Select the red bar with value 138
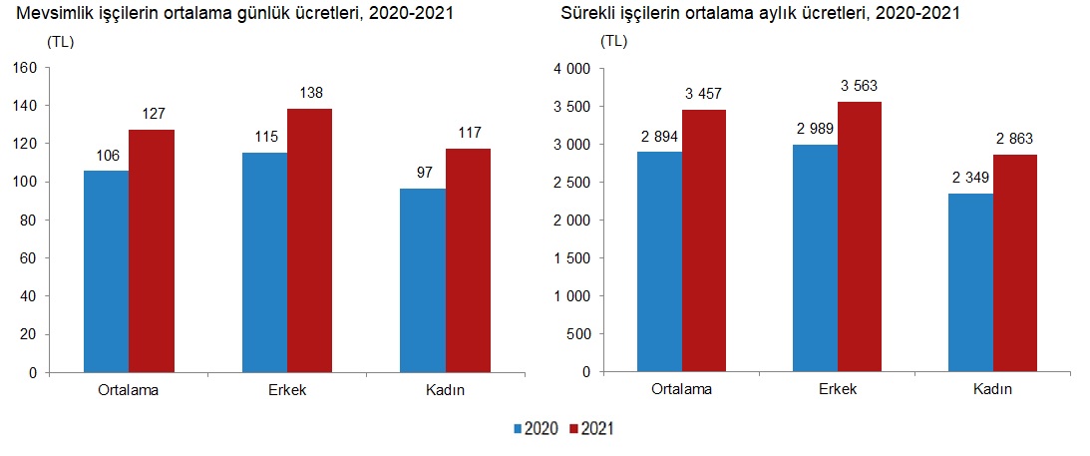(309, 240)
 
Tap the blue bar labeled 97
(423, 280)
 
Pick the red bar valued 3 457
(704, 240)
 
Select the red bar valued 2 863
(1014, 263)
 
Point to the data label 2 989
(815, 129)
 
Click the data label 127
(152, 113)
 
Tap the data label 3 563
(858, 86)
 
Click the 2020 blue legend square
(518, 429)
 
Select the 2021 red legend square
(574, 429)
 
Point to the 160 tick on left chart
(24, 68)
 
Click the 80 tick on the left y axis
(28, 221)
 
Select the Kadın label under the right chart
(992, 389)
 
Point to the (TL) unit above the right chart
(614, 42)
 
